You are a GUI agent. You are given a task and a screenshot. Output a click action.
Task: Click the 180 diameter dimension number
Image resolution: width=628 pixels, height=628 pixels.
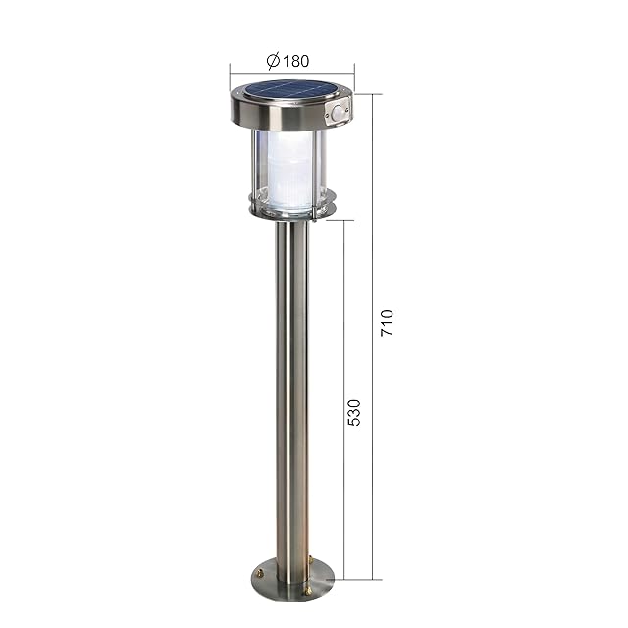tap(296, 61)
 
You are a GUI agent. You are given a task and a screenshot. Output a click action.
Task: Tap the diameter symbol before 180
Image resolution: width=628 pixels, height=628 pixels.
tap(273, 61)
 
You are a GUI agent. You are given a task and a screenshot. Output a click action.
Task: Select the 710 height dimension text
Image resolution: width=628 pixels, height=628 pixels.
tap(388, 323)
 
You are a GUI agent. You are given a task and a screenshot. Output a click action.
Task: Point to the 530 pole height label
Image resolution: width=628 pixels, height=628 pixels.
tap(354, 412)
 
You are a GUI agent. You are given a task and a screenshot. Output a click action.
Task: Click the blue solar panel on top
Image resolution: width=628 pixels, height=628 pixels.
tap(289, 90)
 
